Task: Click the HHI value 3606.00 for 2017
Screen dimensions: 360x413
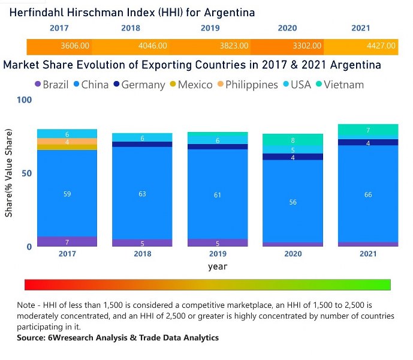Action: pos(76,46)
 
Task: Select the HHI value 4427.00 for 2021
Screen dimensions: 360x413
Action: pos(381,46)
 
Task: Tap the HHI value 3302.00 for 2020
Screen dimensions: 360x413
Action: pos(307,46)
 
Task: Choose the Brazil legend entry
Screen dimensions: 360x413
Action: pos(55,85)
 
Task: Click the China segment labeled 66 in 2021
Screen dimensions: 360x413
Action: pos(368,194)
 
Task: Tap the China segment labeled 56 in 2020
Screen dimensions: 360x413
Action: pos(293,202)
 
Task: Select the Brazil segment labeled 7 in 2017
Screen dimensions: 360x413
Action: pos(67,242)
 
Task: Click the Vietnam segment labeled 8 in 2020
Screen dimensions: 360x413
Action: pos(293,140)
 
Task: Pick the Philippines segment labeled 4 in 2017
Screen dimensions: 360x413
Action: pos(67,142)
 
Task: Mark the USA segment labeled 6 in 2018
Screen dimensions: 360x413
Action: pos(143,138)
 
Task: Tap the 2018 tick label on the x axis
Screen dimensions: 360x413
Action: pos(143,254)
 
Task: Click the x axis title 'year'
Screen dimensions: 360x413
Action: pos(218,266)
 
